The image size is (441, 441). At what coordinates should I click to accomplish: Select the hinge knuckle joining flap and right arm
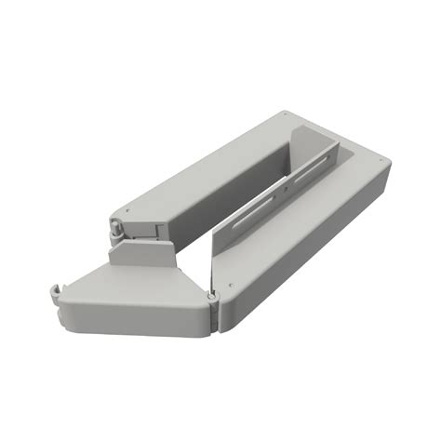tap(212, 299)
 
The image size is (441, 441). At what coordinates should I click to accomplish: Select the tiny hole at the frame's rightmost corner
tap(383, 165)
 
